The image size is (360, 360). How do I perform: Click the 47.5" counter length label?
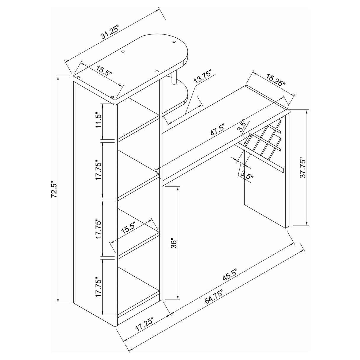pos(217,129)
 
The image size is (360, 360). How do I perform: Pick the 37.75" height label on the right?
pos(302,169)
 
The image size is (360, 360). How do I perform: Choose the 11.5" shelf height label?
pos(99,120)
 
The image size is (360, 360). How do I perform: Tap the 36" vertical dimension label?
pos(173,243)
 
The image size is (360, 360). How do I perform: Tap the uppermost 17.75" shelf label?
pos(99,170)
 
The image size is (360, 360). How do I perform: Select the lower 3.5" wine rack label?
pos(247,177)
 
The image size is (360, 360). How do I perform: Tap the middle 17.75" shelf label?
pos(99,228)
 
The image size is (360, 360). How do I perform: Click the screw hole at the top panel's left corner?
pos(78,77)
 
